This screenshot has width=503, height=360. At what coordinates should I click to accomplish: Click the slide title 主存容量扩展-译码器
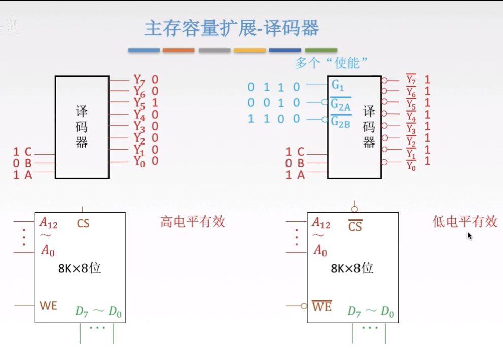232,28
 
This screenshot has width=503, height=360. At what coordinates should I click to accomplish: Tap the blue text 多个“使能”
331,63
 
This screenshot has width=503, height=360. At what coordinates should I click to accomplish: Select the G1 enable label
338,84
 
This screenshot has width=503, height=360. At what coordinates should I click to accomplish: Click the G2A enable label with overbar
341,104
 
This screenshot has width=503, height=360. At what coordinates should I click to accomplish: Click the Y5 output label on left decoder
139,103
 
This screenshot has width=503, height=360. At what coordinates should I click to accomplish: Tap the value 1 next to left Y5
155,103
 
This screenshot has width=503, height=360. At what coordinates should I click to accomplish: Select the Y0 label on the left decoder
139,161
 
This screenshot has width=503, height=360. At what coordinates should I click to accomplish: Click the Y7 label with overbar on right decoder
411,80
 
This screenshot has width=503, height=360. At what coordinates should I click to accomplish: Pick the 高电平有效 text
193,222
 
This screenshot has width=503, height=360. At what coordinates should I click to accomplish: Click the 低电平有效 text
464,222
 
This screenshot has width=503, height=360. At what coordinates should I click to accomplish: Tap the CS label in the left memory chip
83,223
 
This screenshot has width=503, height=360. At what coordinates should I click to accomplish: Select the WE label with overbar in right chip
321,306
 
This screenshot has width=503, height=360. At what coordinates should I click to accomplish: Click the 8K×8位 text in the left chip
80,268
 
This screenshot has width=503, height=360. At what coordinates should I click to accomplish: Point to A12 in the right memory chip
321,223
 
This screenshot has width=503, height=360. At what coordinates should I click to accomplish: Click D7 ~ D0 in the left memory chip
98,312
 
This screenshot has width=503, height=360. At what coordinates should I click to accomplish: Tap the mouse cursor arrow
470,236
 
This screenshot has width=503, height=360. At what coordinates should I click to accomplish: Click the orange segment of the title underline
178,50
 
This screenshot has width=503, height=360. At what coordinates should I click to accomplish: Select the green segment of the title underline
321,50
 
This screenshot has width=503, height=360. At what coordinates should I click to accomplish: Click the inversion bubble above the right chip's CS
354,209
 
